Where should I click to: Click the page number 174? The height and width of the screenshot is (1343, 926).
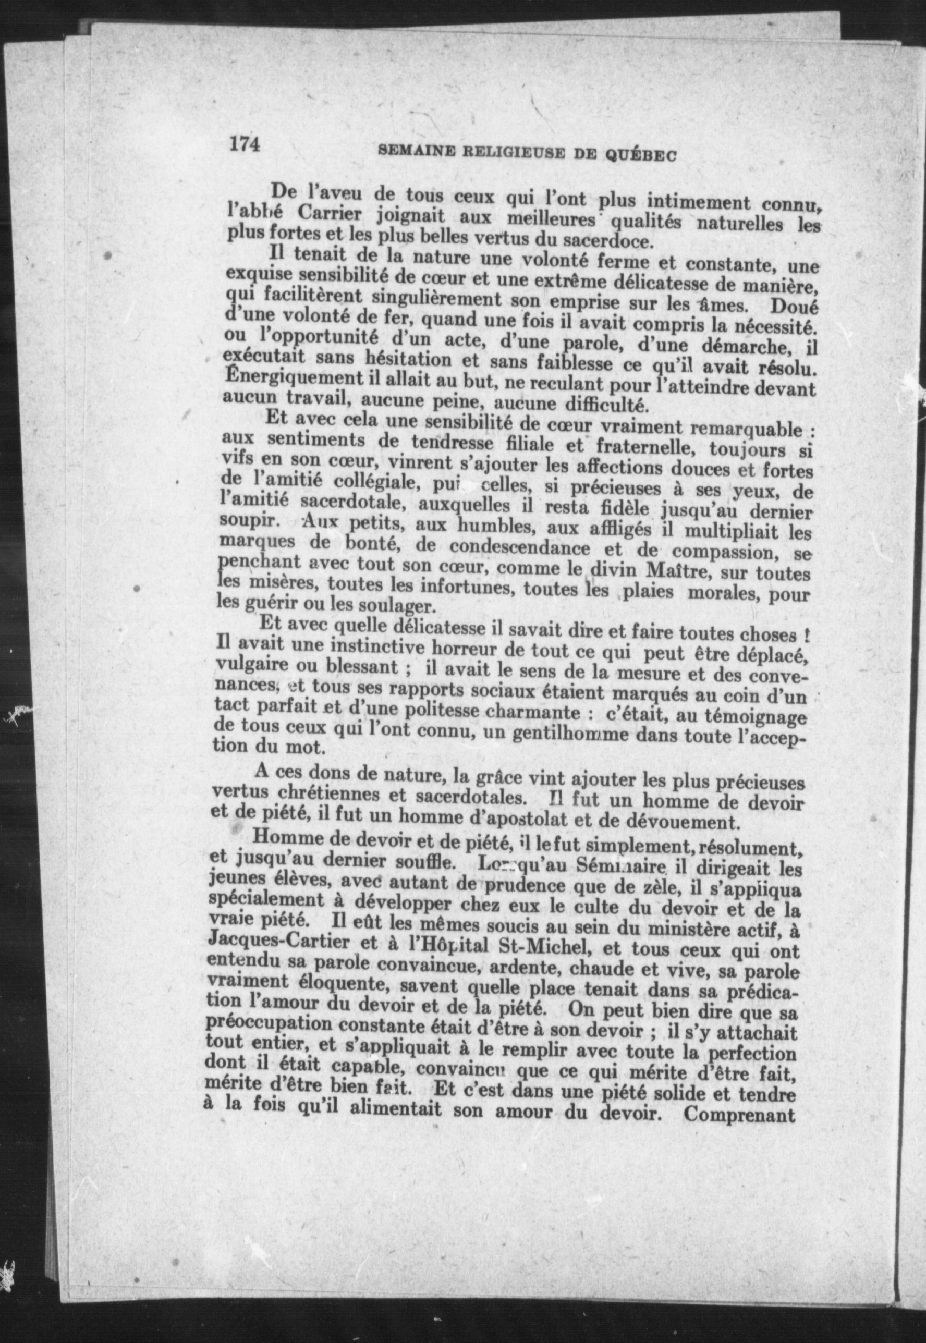click(244, 143)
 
